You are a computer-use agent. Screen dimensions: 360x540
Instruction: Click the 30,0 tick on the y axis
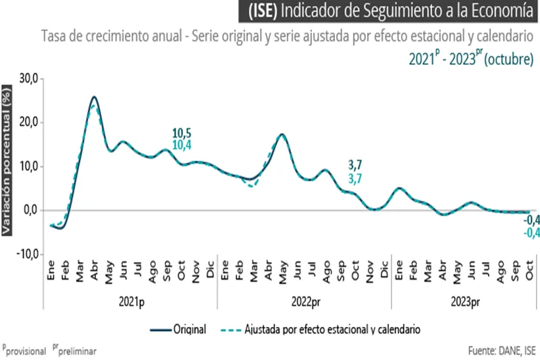point(29,78)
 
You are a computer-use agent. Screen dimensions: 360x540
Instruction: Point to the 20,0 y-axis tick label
point(29,122)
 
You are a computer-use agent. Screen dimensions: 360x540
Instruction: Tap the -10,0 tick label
point(28,254)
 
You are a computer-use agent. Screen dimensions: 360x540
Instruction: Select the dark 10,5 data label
point(182,133)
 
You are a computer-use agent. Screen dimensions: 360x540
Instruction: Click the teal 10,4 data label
point(182,145)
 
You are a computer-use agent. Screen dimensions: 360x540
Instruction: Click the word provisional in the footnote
point(26,351)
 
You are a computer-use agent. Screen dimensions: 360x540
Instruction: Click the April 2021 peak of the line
point(94,97)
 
